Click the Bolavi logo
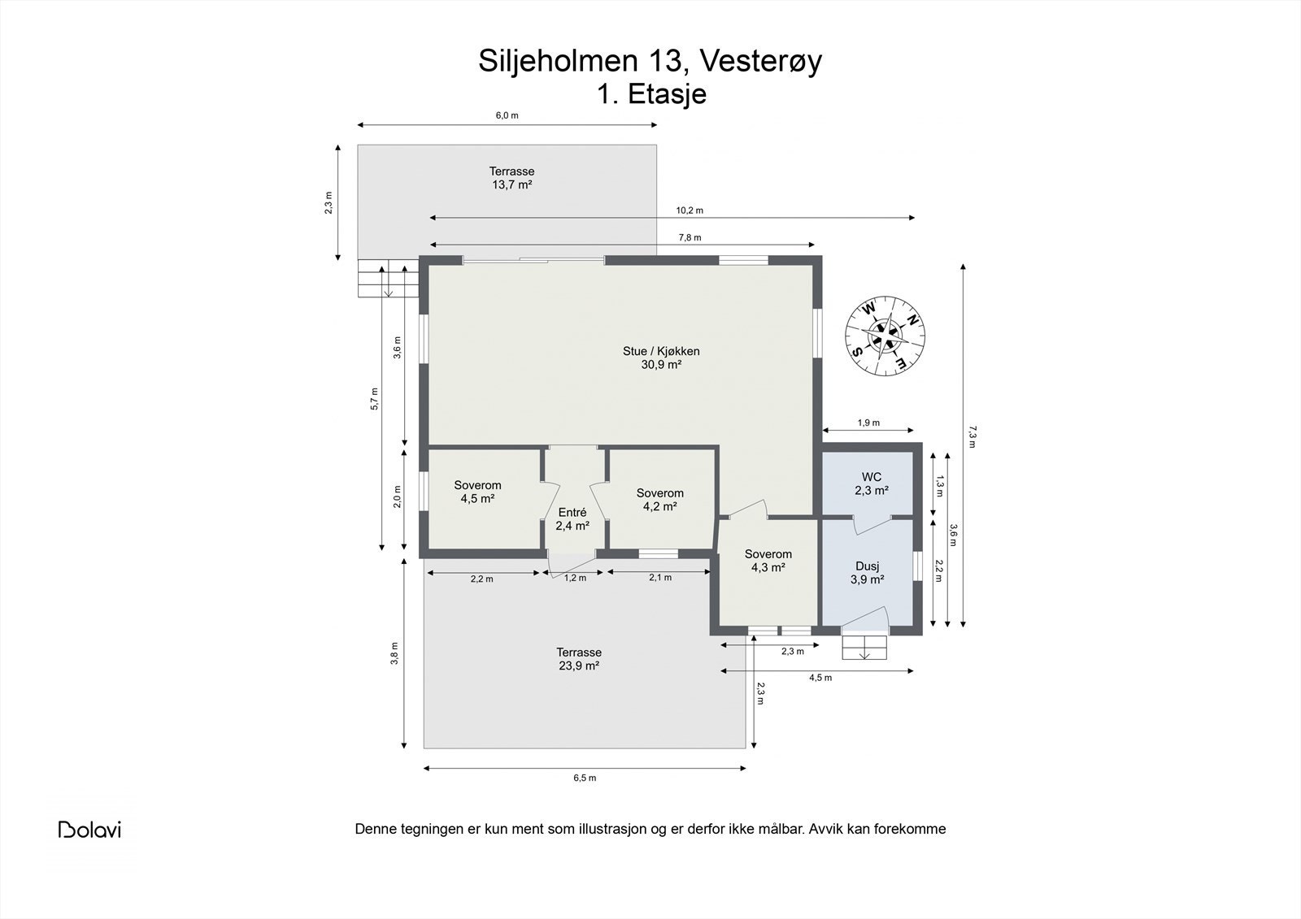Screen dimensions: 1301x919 [89, 829]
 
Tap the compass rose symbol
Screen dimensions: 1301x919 [885, 336]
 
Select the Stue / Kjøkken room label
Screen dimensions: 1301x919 [661, 358]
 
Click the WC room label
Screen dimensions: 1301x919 [872, 483]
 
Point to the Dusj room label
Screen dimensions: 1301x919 [868, 572]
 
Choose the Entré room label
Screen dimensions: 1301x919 [572, 519]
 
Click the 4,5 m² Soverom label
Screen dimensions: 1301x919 [477, 492]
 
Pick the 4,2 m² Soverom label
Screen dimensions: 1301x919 [659, 499]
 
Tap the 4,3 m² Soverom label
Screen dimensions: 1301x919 [768, 561]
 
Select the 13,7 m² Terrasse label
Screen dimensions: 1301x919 [511, 178]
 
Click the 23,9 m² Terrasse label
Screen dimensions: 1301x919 [579, 659]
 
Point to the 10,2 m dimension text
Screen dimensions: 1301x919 [690, 210]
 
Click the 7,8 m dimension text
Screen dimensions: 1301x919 [690, 237]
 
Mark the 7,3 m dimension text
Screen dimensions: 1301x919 [972, 436]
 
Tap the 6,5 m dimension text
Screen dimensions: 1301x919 [585, 778]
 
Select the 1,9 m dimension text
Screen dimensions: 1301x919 [868, 423]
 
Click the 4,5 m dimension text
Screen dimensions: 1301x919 [820, 678]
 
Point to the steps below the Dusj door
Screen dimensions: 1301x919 [865, 648]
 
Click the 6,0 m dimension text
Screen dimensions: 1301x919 [507, 115]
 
